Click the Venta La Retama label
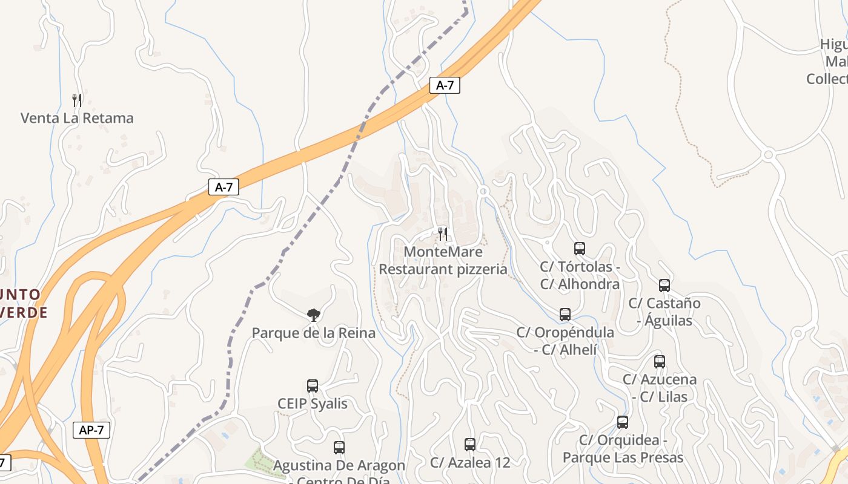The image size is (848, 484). click(x=77, y=118)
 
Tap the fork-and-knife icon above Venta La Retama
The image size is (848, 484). click(x=77, y=100)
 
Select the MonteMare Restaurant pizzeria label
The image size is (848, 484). click(x=443, y=261)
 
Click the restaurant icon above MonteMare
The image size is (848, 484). click(x=443, y=234)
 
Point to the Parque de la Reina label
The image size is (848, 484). click(x=313, y=333)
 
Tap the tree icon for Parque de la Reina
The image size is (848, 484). click(x=313, y=315)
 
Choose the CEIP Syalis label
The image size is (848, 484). click(x=313, y=404)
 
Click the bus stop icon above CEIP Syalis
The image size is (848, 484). click(x=313, y=386)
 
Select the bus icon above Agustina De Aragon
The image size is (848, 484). click(x=339, y=448)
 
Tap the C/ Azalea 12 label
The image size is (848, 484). click(x=470, y=463)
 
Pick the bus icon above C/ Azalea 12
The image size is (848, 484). click(x=470, y=445)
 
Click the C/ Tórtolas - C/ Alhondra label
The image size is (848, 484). click(x=580, y=275)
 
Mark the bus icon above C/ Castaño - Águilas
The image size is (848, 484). click(x=664, y=286)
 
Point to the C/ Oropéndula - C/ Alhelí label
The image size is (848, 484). click(x=565, y=341)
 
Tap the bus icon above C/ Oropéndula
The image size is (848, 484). click(x=565, y=315)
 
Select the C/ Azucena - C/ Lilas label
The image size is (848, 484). click(x=660, y=388)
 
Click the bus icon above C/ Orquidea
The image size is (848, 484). click(x=623, y=422)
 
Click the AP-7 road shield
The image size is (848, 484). click(x=91, y=430)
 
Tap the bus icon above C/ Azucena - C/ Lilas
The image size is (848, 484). click(x=660, y=362)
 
